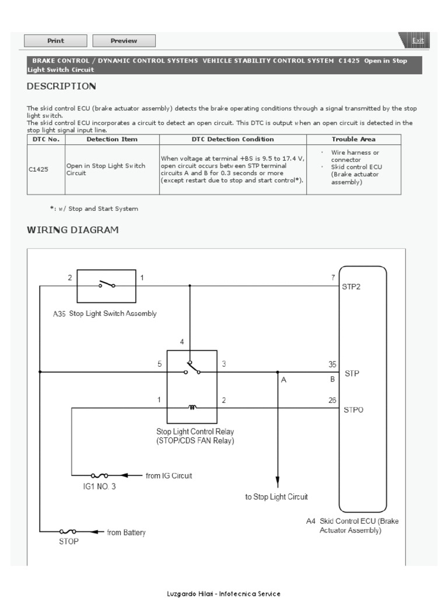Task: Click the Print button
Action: pos(55,41)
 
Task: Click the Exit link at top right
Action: pos(418,40)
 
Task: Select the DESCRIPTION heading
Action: pos(61,86)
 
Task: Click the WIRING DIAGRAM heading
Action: pos(73,230)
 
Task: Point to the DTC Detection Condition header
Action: pos(233,140)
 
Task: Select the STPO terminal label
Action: pos(354,410)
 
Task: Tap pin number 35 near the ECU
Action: pos(332,364)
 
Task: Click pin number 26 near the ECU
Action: pos(332,401)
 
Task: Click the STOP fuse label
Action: pos(68,541)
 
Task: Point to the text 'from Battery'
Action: pos(126,532)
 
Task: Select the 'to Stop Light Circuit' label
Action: pos(276,497)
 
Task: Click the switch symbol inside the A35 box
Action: pos(107,284)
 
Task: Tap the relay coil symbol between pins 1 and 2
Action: pos(192,407)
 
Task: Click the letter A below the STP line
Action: pos(284,380)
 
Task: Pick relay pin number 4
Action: pos(182,342)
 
